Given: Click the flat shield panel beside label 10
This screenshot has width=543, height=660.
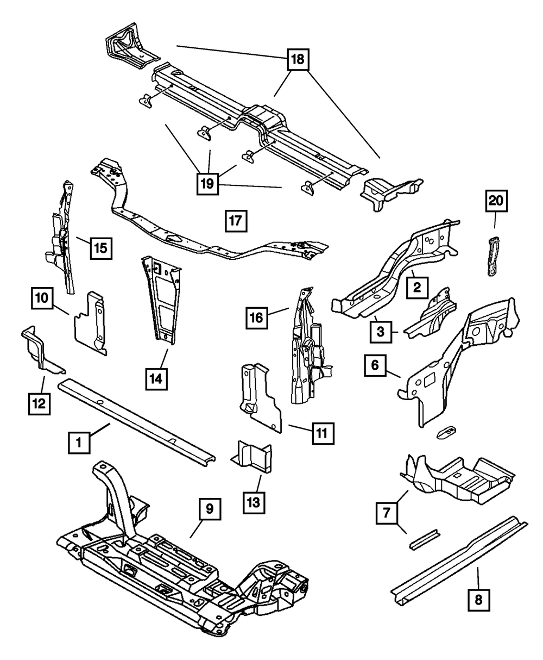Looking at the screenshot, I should tap(90, 323).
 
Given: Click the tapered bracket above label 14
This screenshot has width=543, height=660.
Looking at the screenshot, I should tap(160, 299).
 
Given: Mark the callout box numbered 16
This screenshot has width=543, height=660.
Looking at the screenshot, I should tap(257, 317).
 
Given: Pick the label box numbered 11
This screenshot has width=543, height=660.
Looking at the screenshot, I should tap(322, 433).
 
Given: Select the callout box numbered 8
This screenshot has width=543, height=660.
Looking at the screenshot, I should tap(478, 601).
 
